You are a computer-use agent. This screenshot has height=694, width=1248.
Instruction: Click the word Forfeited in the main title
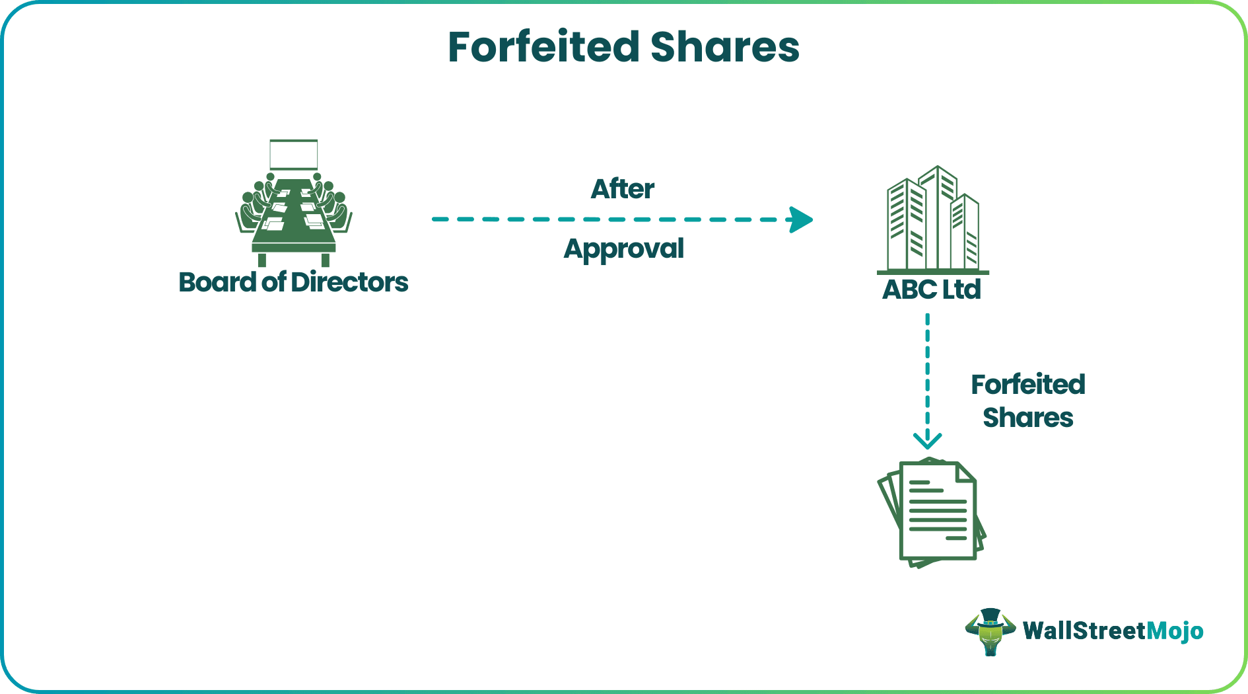(x=543, y=48)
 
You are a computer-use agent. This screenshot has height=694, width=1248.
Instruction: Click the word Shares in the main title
(x=724, y=48)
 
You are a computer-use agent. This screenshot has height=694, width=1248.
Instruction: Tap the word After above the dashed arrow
(x=622, y=189)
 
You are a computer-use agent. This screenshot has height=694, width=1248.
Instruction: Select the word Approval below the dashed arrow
(x=623, y=249)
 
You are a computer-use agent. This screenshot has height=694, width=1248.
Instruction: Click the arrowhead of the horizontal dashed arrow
(x=801, y=220)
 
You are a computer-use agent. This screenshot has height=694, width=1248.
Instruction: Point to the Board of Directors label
(x=293, y=282)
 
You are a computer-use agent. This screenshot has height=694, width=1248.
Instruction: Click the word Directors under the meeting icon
(x=349, y=282)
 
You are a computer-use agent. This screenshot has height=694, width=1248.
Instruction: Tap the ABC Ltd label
(x=931, y=289)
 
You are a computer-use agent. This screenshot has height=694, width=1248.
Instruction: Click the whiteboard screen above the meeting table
(x=294, y=155)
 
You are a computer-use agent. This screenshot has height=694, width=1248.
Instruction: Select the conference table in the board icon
(x=294, y=218)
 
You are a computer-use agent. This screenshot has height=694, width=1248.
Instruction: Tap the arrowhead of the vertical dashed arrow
(x=927, y=441)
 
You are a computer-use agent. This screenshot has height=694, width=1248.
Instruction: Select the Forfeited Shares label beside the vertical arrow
(x=1027, y=401)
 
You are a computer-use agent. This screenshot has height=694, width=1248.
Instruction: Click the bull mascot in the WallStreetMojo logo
(x=990, y=631)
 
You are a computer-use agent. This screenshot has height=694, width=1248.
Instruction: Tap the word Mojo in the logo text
(x=1175, y=631)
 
